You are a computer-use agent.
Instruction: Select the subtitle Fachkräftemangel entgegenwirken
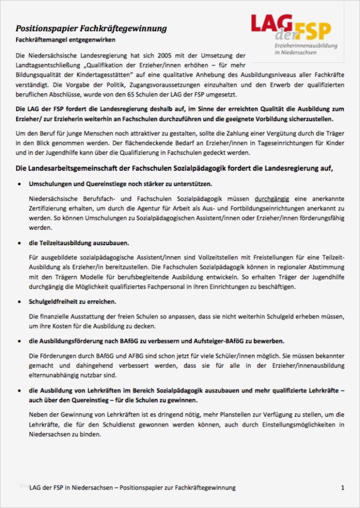tap(65, 39)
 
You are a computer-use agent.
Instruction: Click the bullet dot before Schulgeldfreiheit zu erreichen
tap(19, 302)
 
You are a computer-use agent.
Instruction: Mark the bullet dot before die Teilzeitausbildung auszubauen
tap(19, 244)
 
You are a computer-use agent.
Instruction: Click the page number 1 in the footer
tap(343, 488)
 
